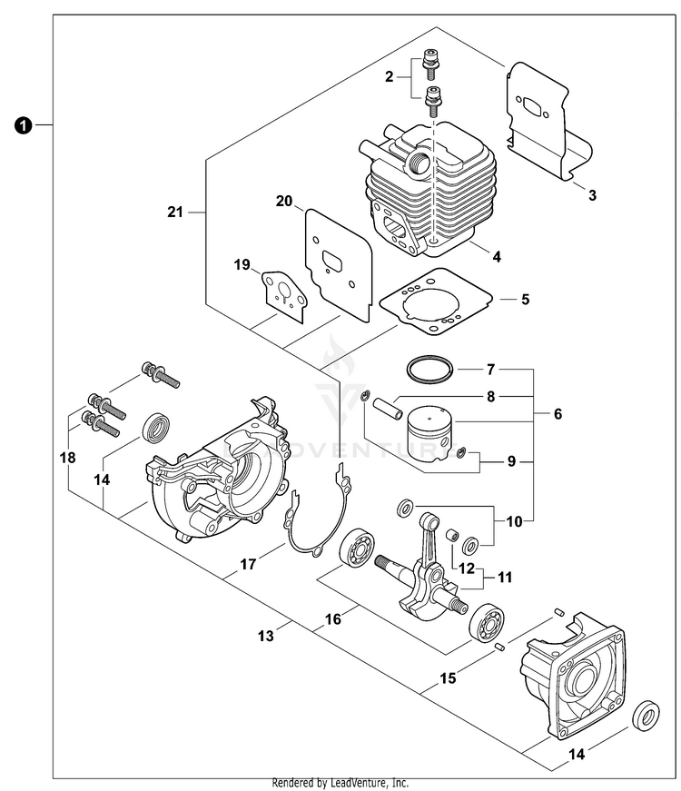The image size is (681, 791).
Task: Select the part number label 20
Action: coord(284,202)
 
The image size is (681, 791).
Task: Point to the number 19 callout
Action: coord(242,264)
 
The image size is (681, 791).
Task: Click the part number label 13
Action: coord(265,637)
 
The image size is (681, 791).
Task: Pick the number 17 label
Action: coord(247,564)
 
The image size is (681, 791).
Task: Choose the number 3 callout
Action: coord(591,194)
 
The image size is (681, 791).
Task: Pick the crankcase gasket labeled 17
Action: coord(313,522)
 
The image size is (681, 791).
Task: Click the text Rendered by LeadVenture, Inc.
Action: coord(340,783)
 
